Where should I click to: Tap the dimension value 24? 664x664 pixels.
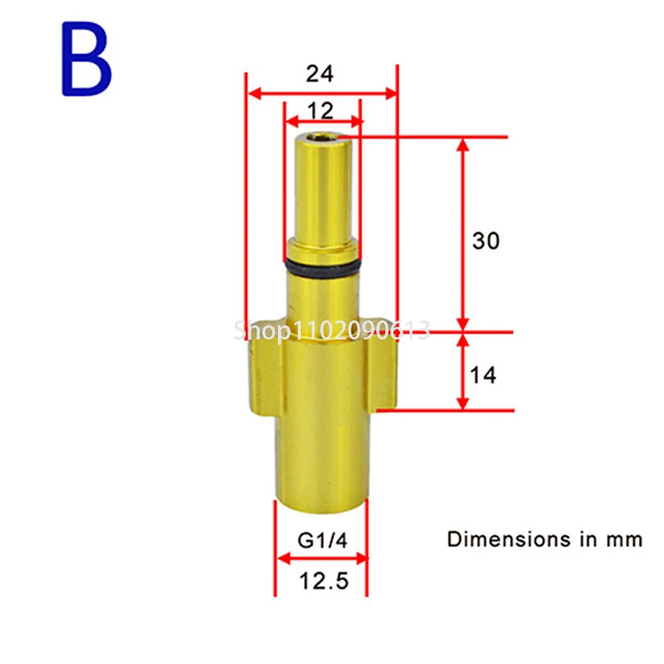point(319,74)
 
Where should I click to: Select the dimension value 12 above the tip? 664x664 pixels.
point(320,110)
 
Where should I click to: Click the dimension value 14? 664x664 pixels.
point(483,375)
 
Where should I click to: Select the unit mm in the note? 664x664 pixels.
point(623,539)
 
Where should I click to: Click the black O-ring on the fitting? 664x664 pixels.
point(323,267)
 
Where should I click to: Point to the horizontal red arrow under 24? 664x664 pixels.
point(323,93)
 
